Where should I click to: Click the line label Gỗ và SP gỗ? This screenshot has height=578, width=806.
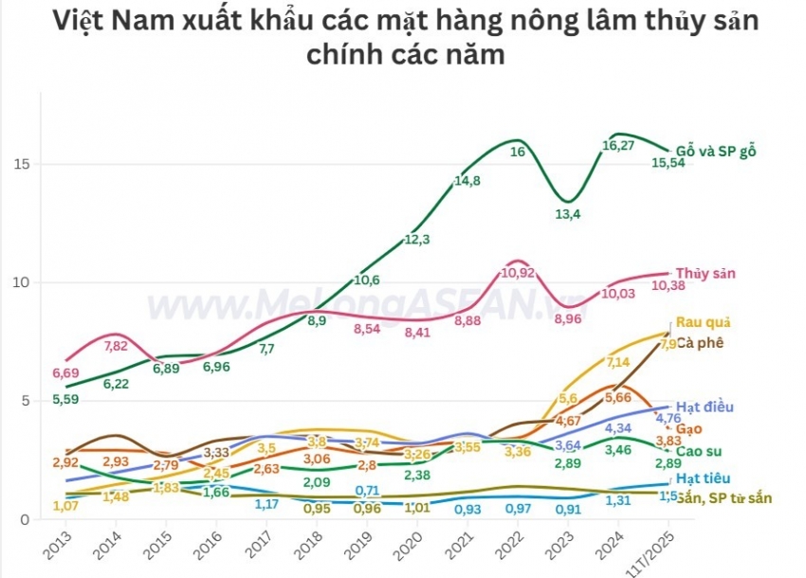click(x=716, y=151)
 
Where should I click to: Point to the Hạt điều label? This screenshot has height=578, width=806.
click(x=705, y=406)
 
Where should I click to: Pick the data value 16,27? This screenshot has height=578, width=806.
click(x=618, y=146)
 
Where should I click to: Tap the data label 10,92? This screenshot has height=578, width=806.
click(x=517, y=272)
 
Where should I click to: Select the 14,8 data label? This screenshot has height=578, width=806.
click(x=467, y=181)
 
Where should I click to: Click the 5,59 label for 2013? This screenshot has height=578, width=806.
click(x=64, y=400)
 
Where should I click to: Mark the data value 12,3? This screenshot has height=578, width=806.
click(x=417, y=240)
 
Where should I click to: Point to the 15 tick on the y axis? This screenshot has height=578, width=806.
click(x=23, y=164)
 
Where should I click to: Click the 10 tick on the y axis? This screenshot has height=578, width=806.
click(x=23, y=282)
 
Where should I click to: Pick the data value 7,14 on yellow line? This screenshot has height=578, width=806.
click(x=618, y=362)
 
